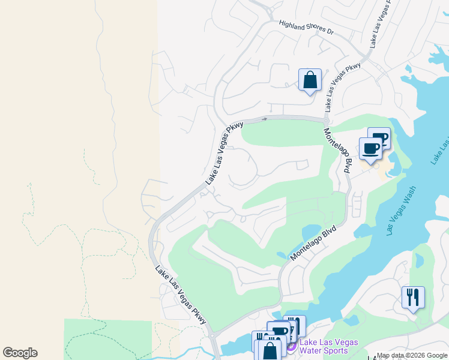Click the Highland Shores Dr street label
(x=306, y=28)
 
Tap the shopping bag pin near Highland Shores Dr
(x=310, y=80)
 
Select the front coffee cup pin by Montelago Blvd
(x=370, y=149)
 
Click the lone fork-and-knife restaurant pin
(x=413, y=298)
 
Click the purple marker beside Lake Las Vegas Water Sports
(x=291, y=347)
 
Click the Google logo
(x=20, y=353)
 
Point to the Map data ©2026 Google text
(x=411, y=355)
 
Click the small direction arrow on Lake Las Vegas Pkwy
(x=264, y=119)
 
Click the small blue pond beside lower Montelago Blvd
(x=311, y=232)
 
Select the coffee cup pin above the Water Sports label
(x=280, y=332)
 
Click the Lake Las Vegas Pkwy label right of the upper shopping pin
(x=343, y=86)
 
